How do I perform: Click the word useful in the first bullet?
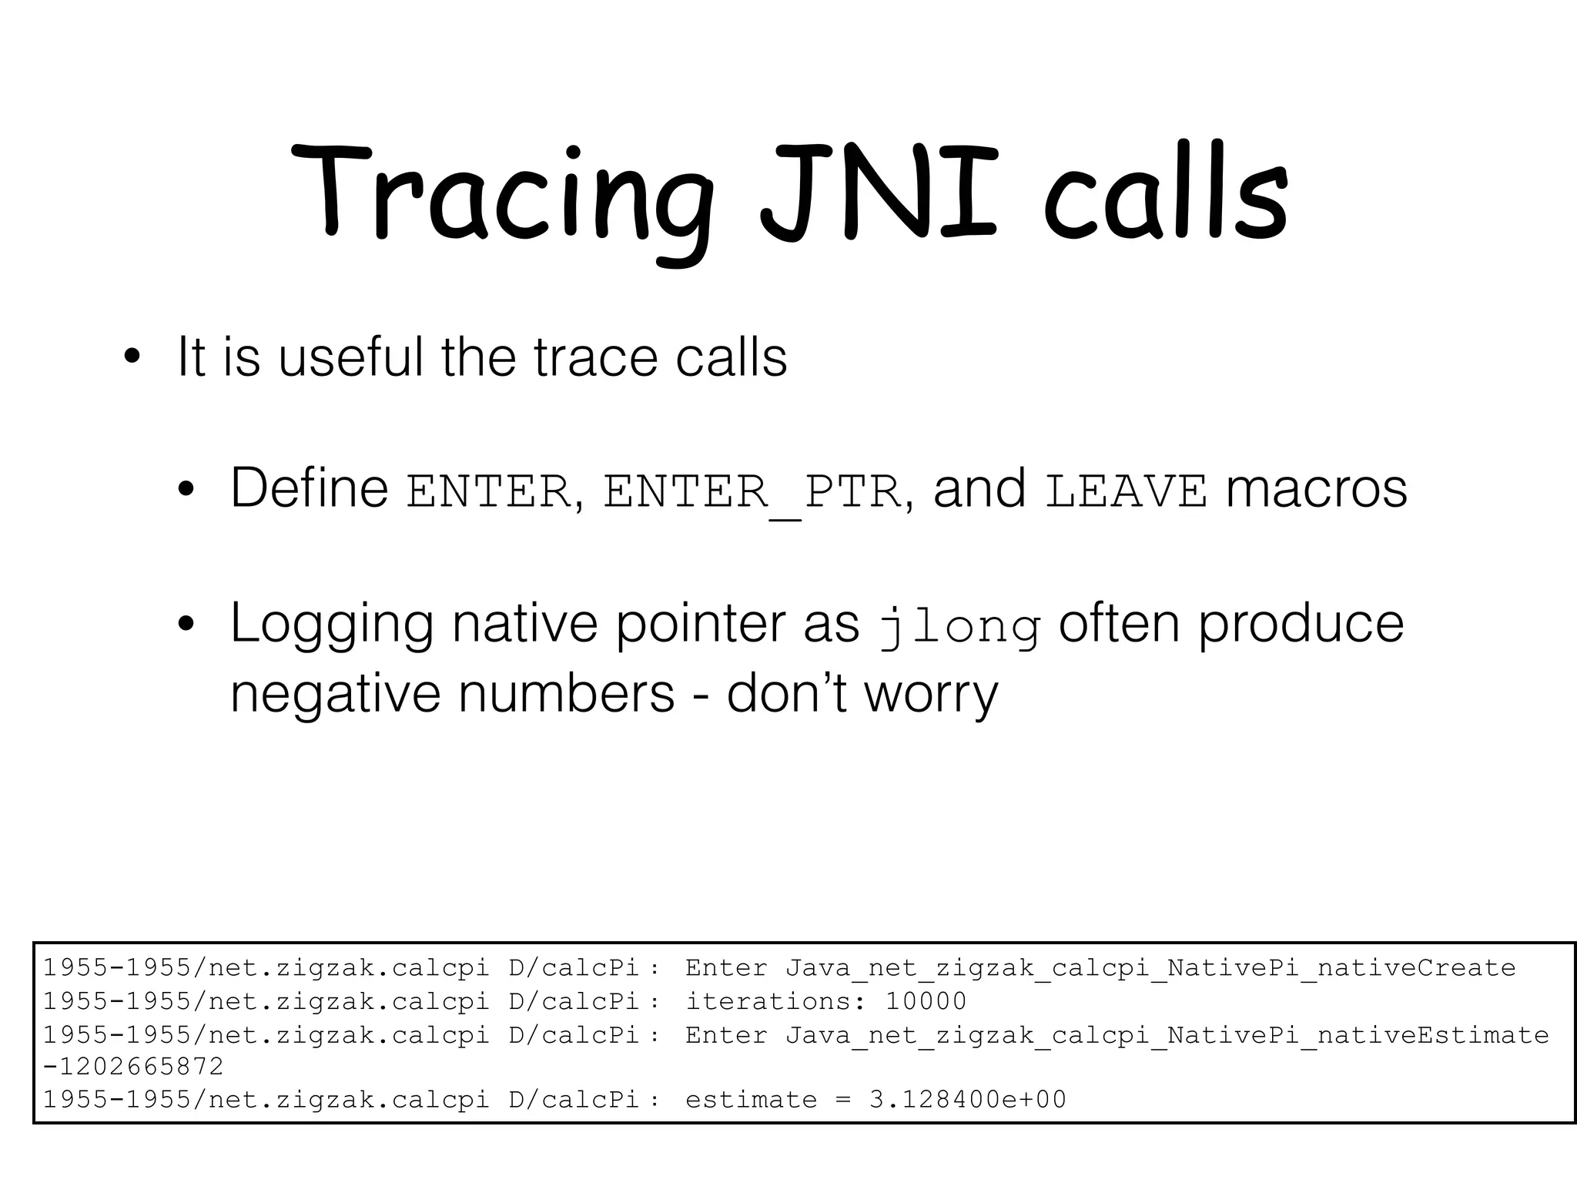351,357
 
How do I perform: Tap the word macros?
1317,490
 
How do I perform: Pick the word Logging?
331,624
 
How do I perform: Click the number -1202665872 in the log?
132,1067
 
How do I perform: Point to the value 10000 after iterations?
926,1001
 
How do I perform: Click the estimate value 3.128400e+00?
968,1100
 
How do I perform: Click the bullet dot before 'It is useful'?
132,357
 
